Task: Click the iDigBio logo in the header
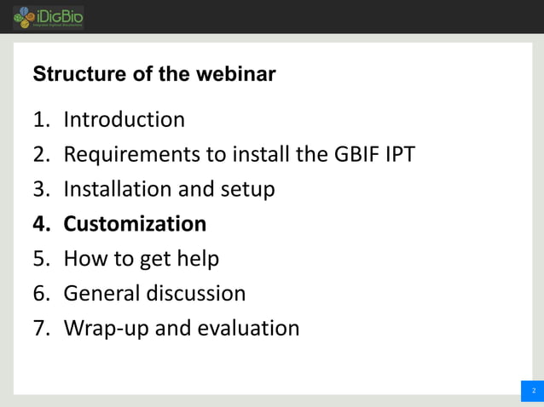pos(48,17)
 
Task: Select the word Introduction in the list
pos(124,120)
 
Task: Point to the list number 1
pos(40,120)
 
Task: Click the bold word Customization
pos(135,224)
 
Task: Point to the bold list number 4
pos(40,224)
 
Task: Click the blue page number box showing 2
pos(532,391)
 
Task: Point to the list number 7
pos(40,329)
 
